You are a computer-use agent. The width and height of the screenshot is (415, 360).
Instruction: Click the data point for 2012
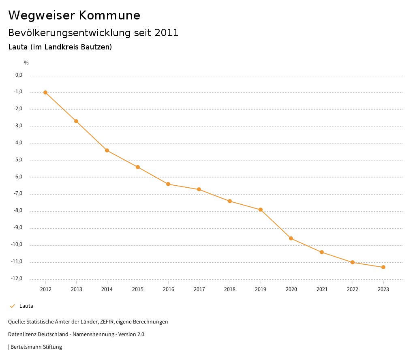pyautogui.click(x=45, y=92)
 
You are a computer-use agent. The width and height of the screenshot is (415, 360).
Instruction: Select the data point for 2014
pyautogui.click(x=107, y=150)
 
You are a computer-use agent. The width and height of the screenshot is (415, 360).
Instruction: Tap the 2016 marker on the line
pyautogui.click(x=168, y=184)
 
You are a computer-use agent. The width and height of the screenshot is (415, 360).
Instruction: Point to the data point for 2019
pyautogui.click(x=261, y=210)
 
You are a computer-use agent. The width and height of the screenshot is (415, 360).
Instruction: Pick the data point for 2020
pyautogui.click(x=291, y=238)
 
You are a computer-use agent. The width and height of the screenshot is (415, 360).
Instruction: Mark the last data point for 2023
pyautogui.click(x=383, y=267)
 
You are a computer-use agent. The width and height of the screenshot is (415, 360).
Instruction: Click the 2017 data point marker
pyautogui.click(x=199, y=189)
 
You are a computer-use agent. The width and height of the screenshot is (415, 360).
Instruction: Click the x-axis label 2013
pyautogui.click(x=76, y=289)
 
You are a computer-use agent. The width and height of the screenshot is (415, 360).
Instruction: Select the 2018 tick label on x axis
pyautogui.click(x=230, y=289)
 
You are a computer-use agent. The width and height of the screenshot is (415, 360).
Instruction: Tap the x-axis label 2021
pyautogui.click(x=322, y=289)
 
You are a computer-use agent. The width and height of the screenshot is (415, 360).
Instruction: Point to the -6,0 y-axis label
pyautogui.click(x=19, y=177)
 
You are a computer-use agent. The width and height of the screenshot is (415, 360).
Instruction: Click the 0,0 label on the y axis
pyautogui.click(x=19, y=75)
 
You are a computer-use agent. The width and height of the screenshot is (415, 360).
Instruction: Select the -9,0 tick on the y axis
pyautogui.click(x=19, y=227)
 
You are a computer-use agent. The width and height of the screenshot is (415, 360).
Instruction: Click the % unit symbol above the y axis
pyautogui.click(x=26, y=63)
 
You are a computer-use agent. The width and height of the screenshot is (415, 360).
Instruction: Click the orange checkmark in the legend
pyautogui.click(x=12, y=306)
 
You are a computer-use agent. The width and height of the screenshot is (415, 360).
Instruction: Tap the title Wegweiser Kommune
pyautogui.click(x=74, y=15)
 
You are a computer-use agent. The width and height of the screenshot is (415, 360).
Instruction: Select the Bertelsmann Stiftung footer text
pyautogui.click(x=36, y=347)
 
